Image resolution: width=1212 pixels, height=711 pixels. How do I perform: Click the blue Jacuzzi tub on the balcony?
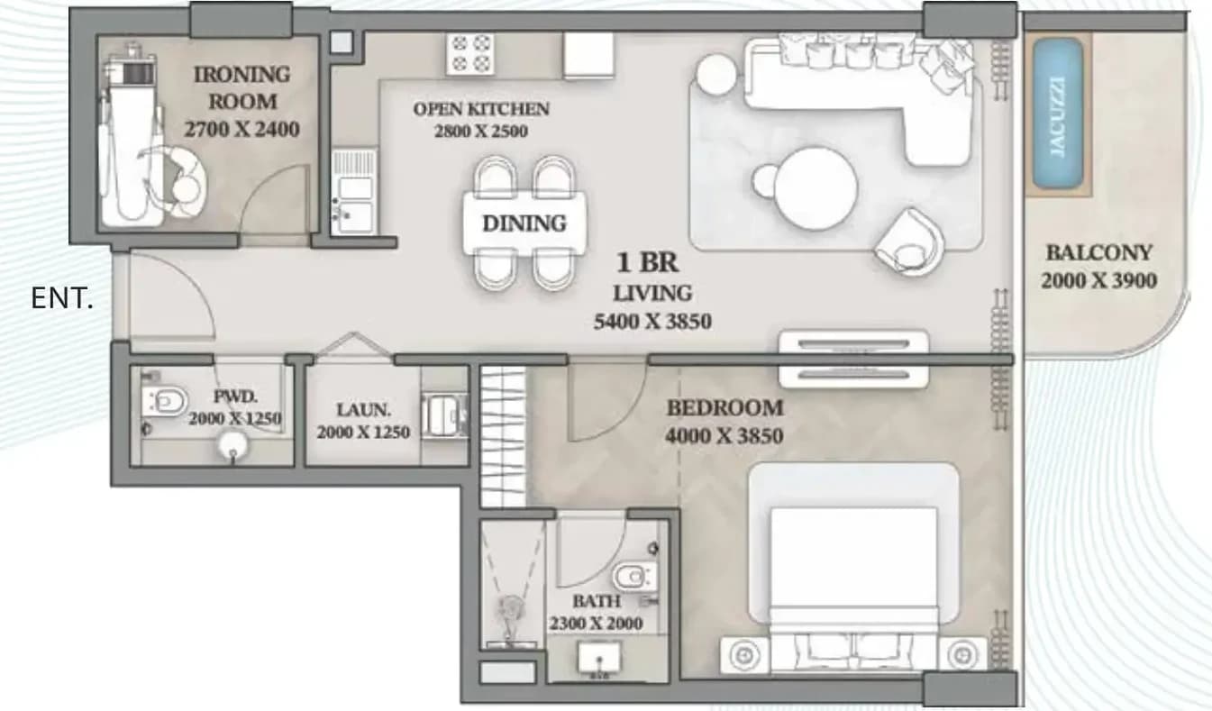1058,113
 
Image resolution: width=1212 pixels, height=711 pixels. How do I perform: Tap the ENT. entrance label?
62,298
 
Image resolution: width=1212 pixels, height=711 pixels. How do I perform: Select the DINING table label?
524,223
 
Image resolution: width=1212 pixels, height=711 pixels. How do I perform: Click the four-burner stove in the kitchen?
470,53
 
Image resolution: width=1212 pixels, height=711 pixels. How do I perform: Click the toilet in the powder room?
165,402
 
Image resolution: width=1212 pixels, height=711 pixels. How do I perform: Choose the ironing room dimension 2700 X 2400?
241,130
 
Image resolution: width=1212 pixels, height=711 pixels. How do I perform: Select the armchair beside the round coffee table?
909,242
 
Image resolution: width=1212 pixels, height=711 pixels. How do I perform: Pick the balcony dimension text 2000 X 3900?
1099,280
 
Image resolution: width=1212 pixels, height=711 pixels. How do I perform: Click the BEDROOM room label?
725,408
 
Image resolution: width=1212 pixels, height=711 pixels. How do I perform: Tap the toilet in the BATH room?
635,577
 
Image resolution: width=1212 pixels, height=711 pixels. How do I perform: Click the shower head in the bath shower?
512,606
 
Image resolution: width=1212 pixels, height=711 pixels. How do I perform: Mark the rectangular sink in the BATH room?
599,658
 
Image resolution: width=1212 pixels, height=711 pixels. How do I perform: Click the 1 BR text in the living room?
647,262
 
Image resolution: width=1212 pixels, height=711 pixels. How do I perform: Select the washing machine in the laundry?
443,415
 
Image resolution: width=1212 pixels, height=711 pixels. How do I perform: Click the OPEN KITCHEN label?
481,109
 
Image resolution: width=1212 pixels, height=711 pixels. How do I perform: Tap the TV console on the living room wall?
853,360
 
